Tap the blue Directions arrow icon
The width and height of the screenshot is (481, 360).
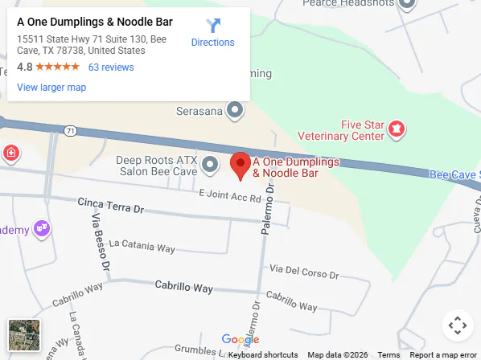(x=212, y=26)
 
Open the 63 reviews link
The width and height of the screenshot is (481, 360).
(x=111, y=67)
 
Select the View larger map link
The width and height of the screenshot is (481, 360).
(x=51, y=87)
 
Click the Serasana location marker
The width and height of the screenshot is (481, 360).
(x=235, y=109)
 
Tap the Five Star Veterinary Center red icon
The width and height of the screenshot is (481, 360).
(x=396, y=128)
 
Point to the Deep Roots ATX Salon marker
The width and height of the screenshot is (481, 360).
(x=210, y=166)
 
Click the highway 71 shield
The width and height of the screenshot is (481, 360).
(x=71, y=131)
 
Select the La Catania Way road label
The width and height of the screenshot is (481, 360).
(x=142, y=246)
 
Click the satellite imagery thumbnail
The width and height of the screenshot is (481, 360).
(x=24, y=335)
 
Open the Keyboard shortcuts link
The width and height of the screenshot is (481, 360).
(x=263, y=355)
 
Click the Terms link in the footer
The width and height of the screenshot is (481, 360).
(x=388, y=355)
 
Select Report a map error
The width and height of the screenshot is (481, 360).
(x=443, y=355)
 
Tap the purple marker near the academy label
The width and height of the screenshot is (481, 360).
(x=42, y=229)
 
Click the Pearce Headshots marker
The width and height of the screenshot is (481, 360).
(x=407, y=4)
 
